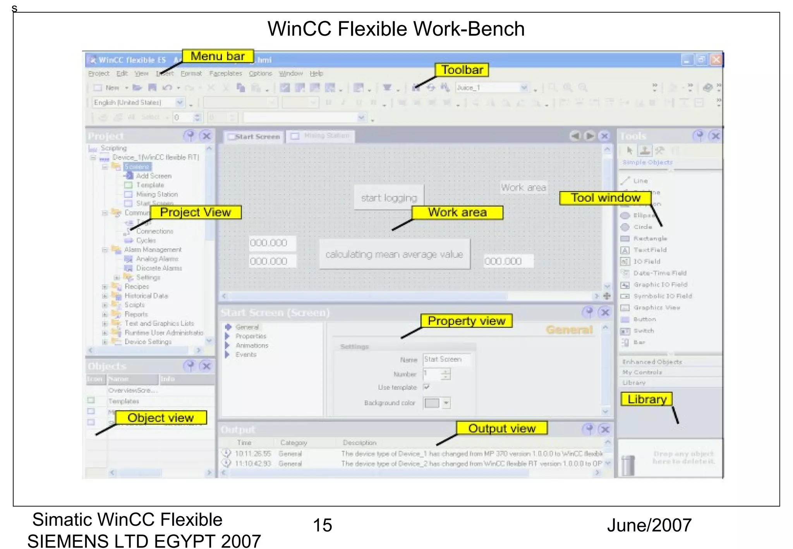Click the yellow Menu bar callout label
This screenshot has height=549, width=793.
[x=218, y=56]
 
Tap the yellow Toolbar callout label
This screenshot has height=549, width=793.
[x=462, y=70]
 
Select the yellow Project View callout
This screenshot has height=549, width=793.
[x=196, y=212]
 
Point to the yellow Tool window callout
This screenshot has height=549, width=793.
[x=606, y=198]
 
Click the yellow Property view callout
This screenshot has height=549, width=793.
[x=467, y=321]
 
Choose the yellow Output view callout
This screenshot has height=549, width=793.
[x=502, y=428]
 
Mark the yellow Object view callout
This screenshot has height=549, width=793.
[x=161, y=418]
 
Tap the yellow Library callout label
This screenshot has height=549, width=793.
[x=647, y=399]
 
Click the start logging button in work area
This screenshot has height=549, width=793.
[x=389, y=198]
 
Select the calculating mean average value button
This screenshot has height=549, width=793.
[x=394, y=254]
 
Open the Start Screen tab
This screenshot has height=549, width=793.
[x=254, y=137]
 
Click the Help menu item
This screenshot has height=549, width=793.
[x=316, y=74]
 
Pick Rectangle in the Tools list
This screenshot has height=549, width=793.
[x=650, y=238]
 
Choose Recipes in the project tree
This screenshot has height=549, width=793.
[x=137, y=287]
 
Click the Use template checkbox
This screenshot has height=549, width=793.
[x=426, y=387]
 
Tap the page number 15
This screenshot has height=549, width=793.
[x=322, y=525]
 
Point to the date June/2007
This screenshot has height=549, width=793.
[x=649, y=525]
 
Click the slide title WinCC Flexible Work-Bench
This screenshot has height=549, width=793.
[x=396, y=29]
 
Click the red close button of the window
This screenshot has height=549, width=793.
[x=716, y=60]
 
